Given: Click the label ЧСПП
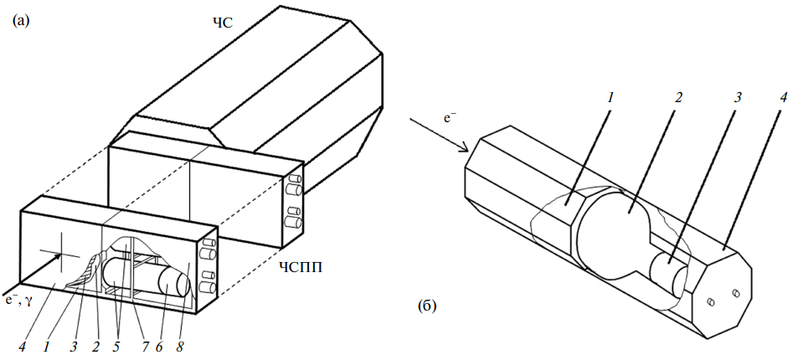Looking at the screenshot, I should tap(301, 269).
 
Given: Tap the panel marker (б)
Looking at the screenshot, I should tap(427, 307).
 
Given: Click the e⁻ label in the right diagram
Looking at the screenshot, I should tap(451, 118).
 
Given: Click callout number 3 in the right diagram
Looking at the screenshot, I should tap(738, 96).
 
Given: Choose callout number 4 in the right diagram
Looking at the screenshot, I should tap(783, 96).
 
